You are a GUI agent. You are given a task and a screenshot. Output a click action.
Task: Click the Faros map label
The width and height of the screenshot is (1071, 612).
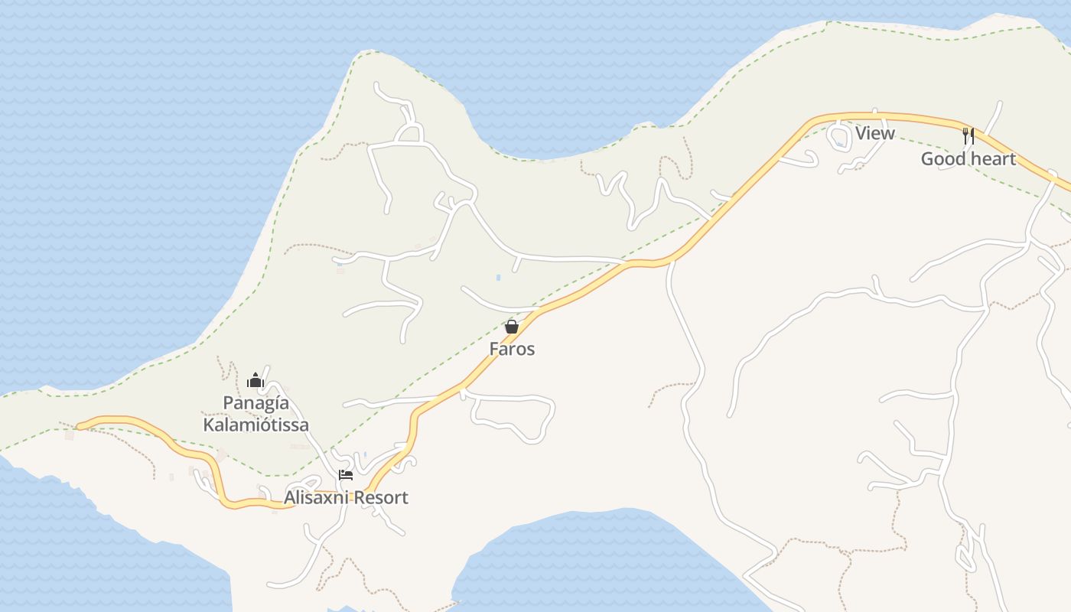point(512,349)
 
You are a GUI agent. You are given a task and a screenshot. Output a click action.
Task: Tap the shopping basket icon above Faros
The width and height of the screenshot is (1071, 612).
point(512,327)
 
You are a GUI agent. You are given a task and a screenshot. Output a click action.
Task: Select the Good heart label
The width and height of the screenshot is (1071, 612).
point(968,159)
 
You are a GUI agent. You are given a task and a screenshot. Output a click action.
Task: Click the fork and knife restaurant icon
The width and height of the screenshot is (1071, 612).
point(968,136)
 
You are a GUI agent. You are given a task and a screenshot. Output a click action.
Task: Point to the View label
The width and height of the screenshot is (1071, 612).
point(874,133)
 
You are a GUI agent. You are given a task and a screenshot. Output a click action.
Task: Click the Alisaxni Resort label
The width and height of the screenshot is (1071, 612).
point(346,497)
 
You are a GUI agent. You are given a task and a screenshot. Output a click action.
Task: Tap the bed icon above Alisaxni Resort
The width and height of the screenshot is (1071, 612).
point(346,475)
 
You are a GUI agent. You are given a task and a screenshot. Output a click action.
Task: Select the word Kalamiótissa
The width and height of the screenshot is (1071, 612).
point(256,425)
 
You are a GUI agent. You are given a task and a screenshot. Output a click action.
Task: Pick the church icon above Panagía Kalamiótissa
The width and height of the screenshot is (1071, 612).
point(256,380)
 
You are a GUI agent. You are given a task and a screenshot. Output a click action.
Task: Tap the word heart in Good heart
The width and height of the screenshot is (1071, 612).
point(993,159)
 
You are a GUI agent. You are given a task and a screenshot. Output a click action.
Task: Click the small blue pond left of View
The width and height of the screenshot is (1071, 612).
point(839,144)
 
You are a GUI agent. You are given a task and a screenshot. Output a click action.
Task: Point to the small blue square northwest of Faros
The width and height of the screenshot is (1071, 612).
point(498,278)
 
